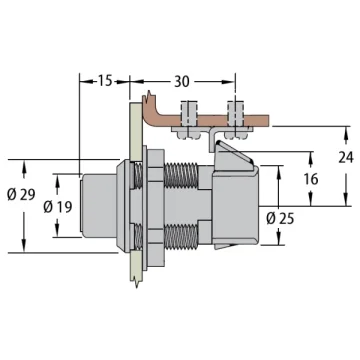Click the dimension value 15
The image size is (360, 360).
[105, 81]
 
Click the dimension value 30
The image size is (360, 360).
[182, 81]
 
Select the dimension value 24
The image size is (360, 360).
[346, 157]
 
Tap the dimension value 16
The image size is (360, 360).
[311, 179]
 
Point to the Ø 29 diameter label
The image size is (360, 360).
[21, 195]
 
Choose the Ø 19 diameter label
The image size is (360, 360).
[58, 207]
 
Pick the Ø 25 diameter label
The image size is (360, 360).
[280, 219]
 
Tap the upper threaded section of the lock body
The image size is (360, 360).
[181, 176]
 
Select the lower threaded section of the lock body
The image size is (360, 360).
[181, 237]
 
